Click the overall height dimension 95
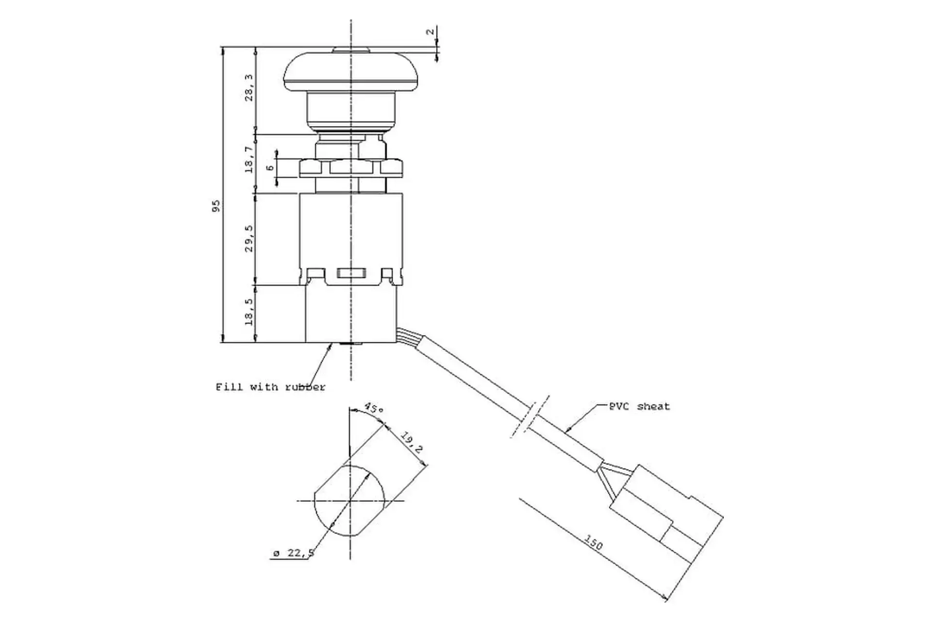[x=216, y=206]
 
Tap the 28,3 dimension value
[x=249, y=87]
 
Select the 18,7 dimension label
[x=249, y=159]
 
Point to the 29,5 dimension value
[x=249, y=238]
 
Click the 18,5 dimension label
[x=249, y=312]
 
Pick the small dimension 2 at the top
[x=430, y=32]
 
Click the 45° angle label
[x=373, y=408]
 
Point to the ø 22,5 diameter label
[x=294, y=553]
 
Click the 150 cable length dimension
[x=593, y=542]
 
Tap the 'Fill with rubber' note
[x=270, y=387]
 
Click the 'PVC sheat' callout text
[x=639, y=406]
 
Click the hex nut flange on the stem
[x=350, y=168]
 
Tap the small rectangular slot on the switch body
[x=350, y=274]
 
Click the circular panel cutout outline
[x=349, y=501]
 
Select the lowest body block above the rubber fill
[x=350, y=313]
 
